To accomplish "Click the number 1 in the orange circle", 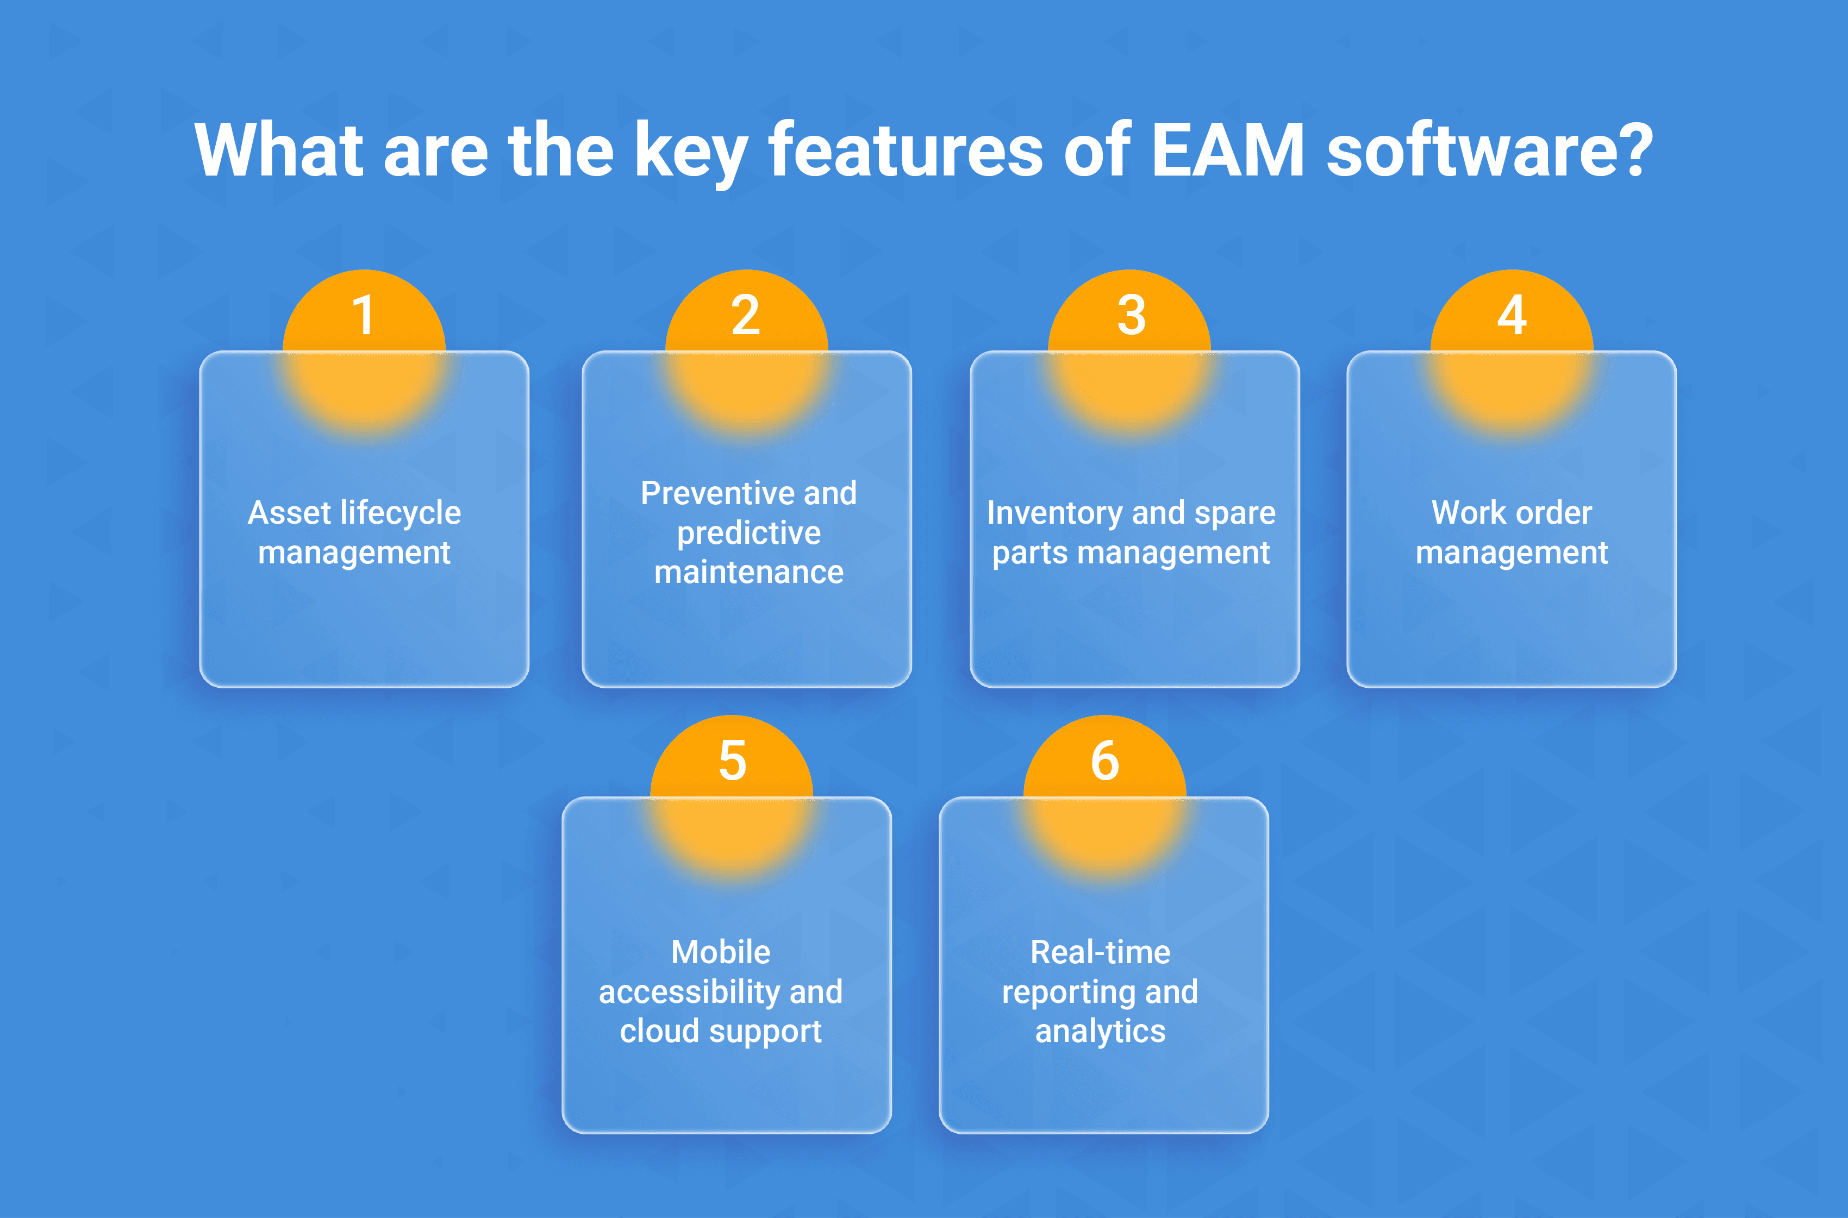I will coord(364,316).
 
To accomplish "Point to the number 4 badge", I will coord(1512,316).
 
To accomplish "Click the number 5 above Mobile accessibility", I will coord(732,761).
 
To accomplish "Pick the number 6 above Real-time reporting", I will coord(1104,761).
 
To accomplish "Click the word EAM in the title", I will coord(1227,150).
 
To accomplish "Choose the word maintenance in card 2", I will coord(748,573).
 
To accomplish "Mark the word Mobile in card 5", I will coord(720,952).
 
